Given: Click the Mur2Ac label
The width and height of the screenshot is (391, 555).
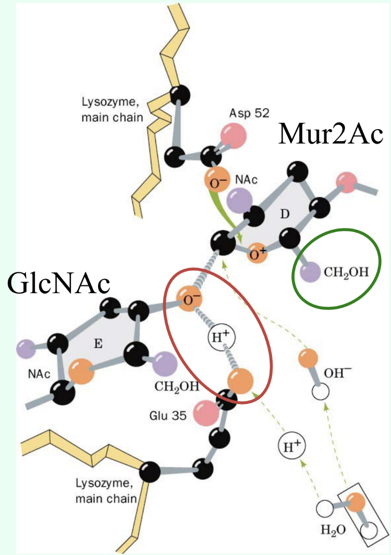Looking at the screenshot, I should [331, 134].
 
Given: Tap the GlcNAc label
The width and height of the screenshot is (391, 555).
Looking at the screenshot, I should [58, 285].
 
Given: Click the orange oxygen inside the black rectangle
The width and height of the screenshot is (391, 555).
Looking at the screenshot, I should [356, 504].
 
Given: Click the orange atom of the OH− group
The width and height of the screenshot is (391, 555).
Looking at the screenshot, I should [309, 360].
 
